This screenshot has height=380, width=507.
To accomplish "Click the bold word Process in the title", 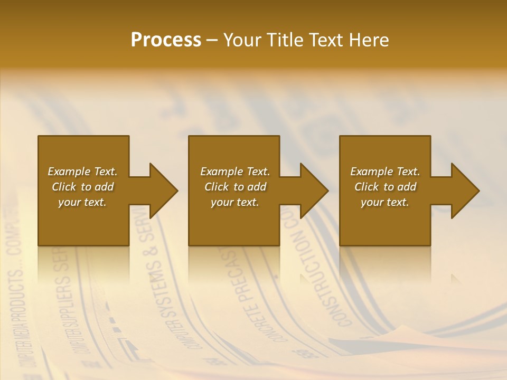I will tap(166, 40).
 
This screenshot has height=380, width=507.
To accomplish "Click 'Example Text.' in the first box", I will tap(82, 172).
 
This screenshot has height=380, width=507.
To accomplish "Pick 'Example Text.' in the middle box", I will tap(234, 172).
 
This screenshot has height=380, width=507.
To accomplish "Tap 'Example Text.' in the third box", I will tap(385, 172).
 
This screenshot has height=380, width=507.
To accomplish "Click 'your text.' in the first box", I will tap(82, 202).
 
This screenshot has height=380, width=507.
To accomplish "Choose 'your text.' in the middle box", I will tap(234, 202).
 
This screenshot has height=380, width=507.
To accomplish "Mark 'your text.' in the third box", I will tap(385, 202).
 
